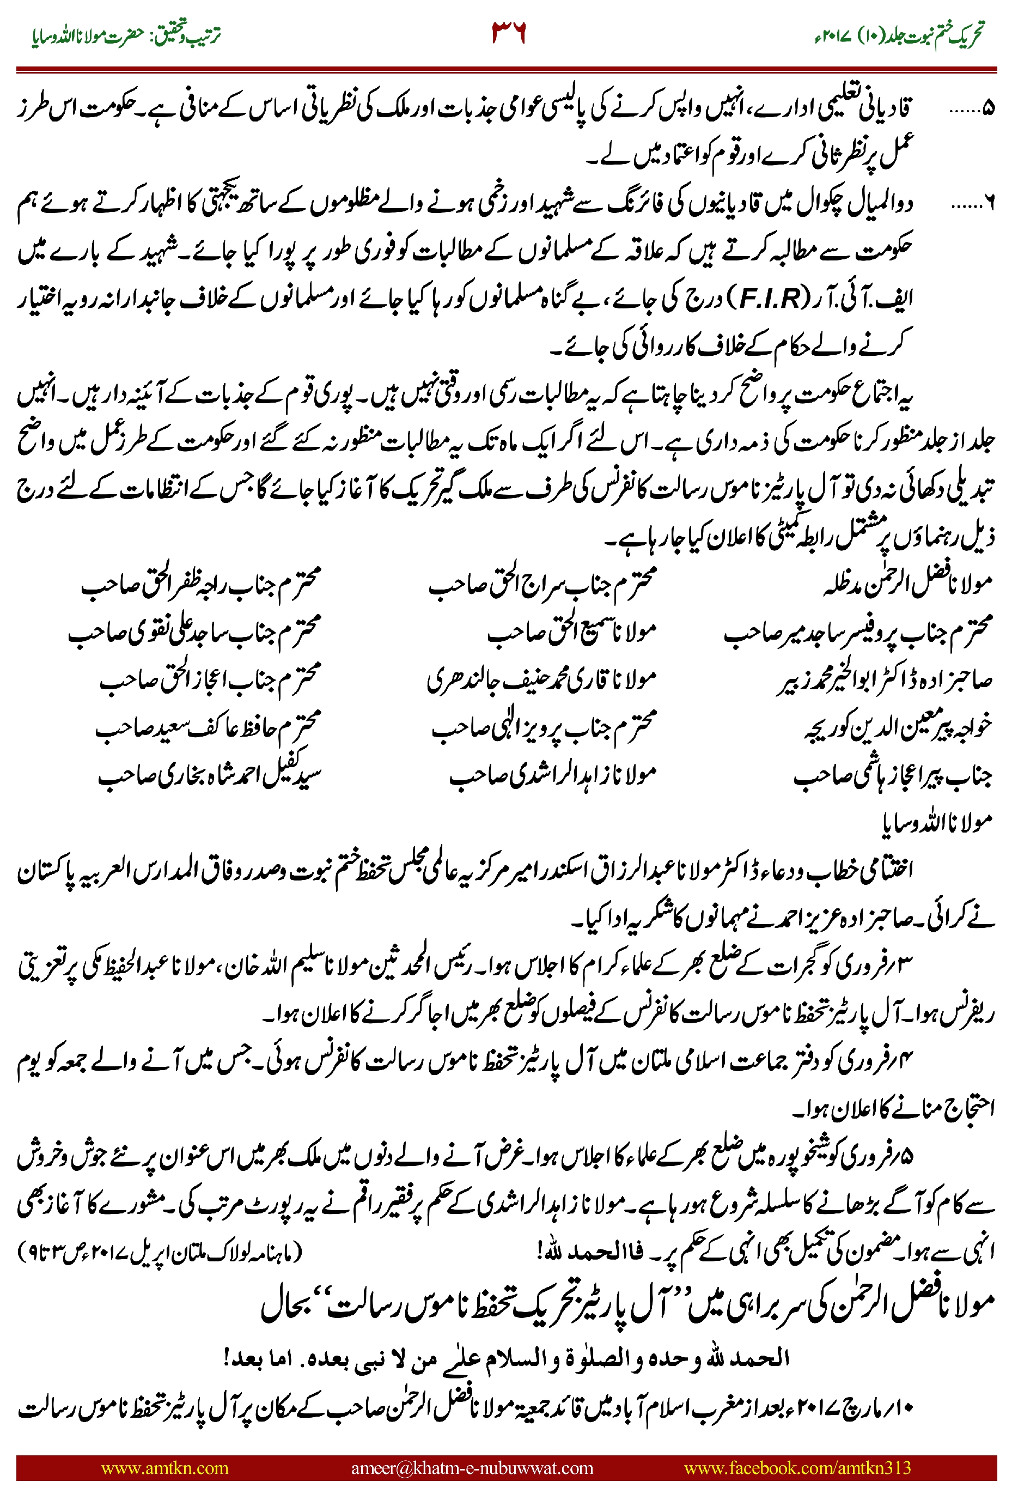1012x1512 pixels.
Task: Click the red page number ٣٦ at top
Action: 509,32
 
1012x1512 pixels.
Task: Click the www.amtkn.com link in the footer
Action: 164,1467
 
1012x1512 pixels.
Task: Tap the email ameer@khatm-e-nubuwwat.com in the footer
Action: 472,1467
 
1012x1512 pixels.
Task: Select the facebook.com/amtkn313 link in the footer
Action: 797,1467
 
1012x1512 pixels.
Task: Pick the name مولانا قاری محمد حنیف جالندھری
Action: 541,679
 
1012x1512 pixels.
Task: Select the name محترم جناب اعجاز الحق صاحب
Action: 210,679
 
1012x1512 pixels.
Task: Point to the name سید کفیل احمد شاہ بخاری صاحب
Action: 209,775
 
